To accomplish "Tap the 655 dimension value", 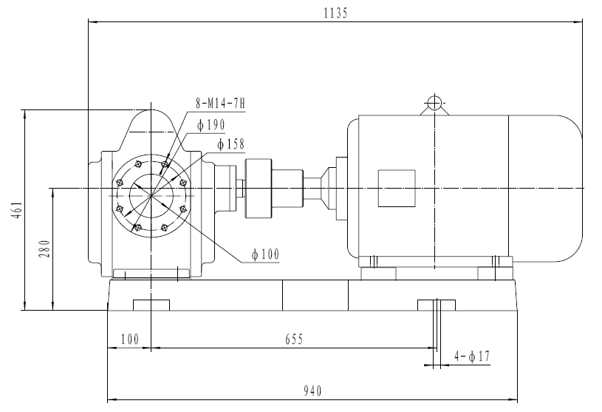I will coord(294,339).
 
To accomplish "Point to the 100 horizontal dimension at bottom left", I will coord(129,339).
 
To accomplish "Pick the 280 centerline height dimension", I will coord(44,249).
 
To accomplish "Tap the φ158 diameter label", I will coord(230,143).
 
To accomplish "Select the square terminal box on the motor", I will coord(396,189).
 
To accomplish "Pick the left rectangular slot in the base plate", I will coord(151,305).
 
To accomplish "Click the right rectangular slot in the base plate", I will coord(437,305).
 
